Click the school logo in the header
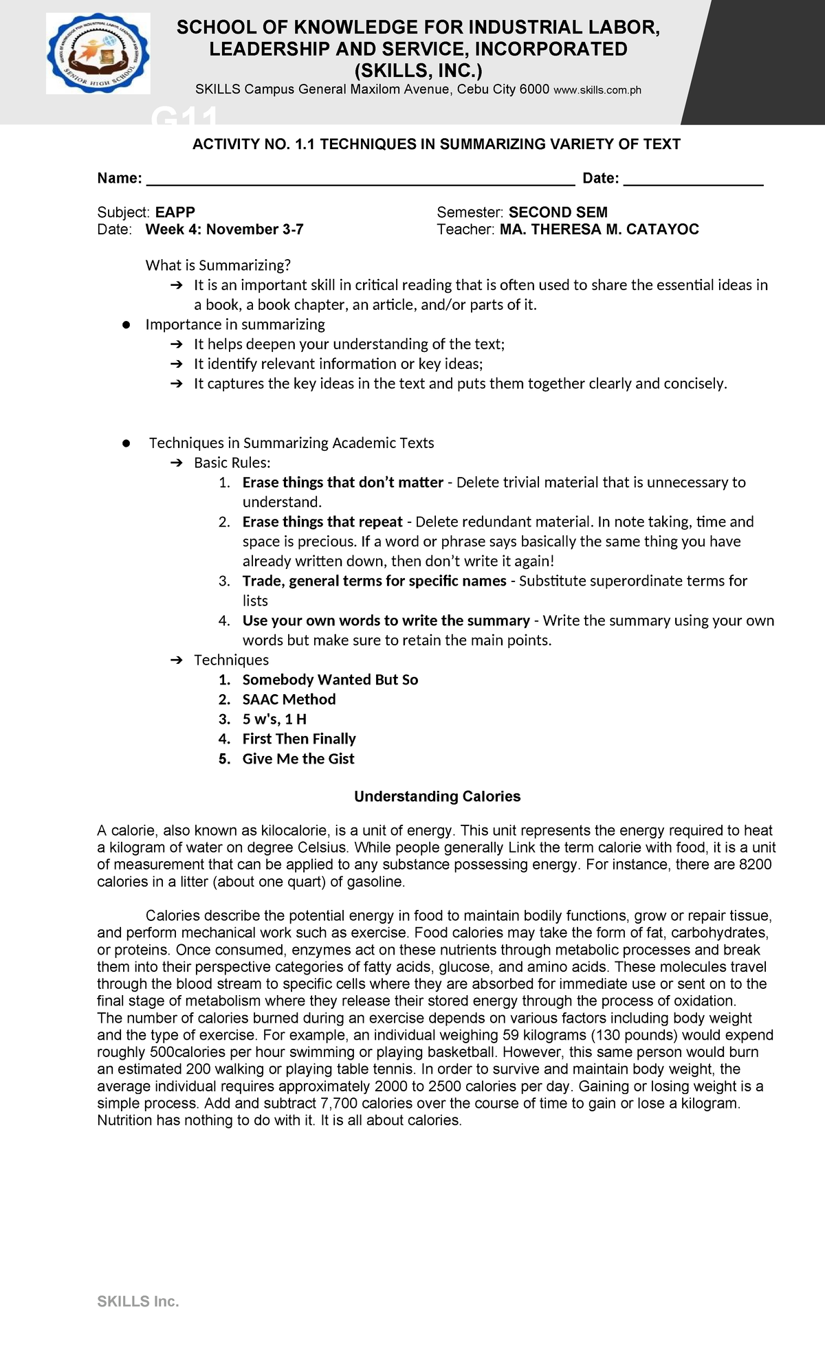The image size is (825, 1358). pos(98,54)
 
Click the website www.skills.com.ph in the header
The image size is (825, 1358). pos(597,90)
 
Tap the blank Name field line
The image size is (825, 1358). pos(361,180)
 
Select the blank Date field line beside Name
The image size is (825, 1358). pos(693,180)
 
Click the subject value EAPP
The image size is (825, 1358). pos(175,212)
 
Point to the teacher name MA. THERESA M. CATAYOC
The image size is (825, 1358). pos(599,230)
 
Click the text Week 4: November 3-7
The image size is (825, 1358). pos(224,230)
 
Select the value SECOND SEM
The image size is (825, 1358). pos(558,212)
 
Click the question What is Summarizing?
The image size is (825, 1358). pos(218,265)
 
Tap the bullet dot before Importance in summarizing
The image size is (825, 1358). pos(126,325)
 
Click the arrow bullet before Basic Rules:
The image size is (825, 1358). pos(177,463)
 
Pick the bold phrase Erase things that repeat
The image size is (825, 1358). pos(322,522)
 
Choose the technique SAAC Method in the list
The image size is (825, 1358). pos(289,700)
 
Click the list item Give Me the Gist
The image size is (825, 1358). pos(298,759)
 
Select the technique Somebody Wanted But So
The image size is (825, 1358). pos(330,680)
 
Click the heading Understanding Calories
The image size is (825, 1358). pos(437,797)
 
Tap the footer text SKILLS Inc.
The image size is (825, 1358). pos(138,1302)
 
